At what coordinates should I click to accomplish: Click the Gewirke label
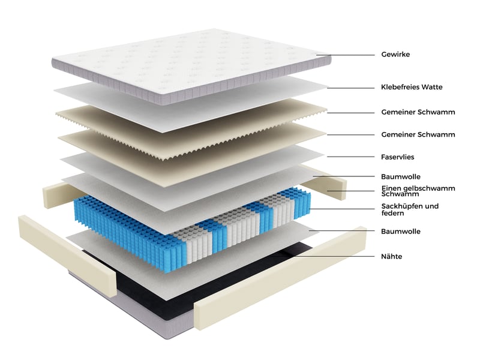pyautogui.click(x=395, y=55)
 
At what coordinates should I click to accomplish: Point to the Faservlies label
pyautogui.click(x=397, y=157)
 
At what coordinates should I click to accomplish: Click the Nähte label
pyautogui.click(x=392, y=257)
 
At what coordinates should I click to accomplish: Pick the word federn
pyautogui.click(x=393, y=213)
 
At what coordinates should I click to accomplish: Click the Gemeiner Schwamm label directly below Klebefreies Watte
pyautogui.click(x=418, y=112)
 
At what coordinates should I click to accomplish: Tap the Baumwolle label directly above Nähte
pyautogui.click(x=401, y=232)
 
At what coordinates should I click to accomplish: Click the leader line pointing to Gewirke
pyautogui.click(x=346, y=55)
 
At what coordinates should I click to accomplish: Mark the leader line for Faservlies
pyautogui.click(x=351, y=157)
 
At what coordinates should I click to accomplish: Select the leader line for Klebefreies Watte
pyautogui.click(x=351, y=88)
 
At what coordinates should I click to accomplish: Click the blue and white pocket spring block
pyautogui.click(x=192, y=227)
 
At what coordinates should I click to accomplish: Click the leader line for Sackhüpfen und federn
pyautogui.click(x=342, y=209)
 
